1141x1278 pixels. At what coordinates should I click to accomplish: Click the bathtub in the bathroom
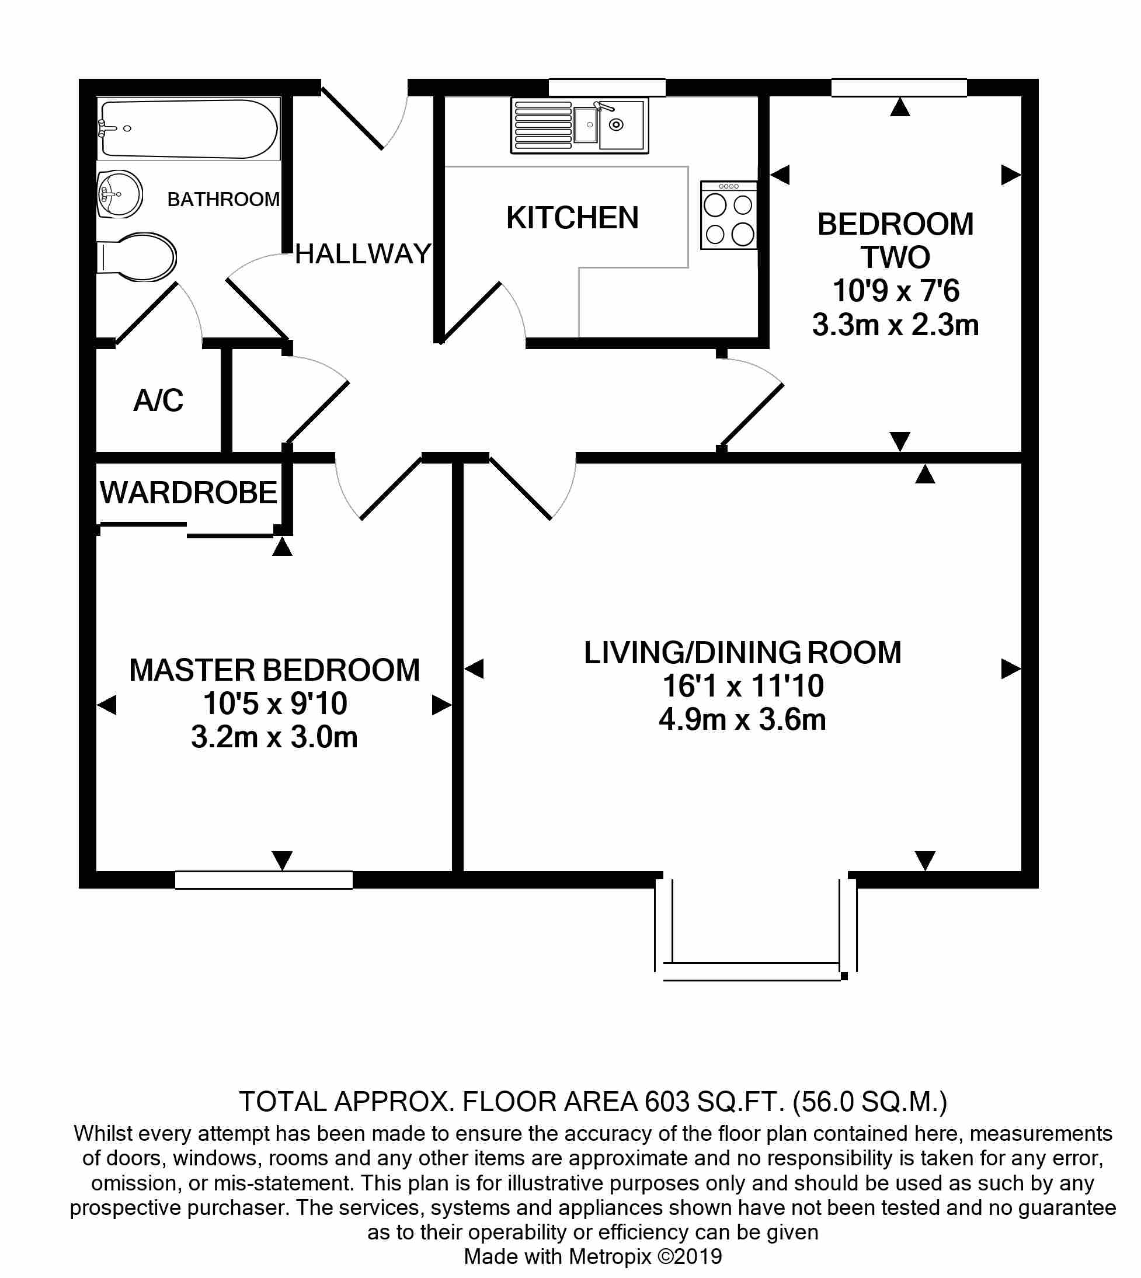189,128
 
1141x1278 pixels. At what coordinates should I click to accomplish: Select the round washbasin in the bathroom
120,194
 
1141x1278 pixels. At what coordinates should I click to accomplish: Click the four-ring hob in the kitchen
729,215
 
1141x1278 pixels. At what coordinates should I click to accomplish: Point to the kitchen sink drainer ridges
543,126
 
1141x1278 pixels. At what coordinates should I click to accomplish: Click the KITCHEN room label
572,218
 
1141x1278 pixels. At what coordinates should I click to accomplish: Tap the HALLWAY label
363,254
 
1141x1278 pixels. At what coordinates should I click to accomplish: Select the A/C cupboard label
159,400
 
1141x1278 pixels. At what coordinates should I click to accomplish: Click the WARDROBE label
189,492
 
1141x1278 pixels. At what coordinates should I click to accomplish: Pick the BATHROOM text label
223,199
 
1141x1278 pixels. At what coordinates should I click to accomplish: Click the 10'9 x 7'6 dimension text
896,291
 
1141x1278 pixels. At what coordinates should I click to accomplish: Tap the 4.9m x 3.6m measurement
742,719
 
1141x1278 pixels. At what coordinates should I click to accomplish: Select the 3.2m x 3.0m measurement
274,737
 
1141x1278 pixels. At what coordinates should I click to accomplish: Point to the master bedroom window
264,880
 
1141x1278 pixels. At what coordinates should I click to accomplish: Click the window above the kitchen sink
607,88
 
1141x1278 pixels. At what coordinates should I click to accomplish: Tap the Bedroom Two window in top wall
899,88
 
